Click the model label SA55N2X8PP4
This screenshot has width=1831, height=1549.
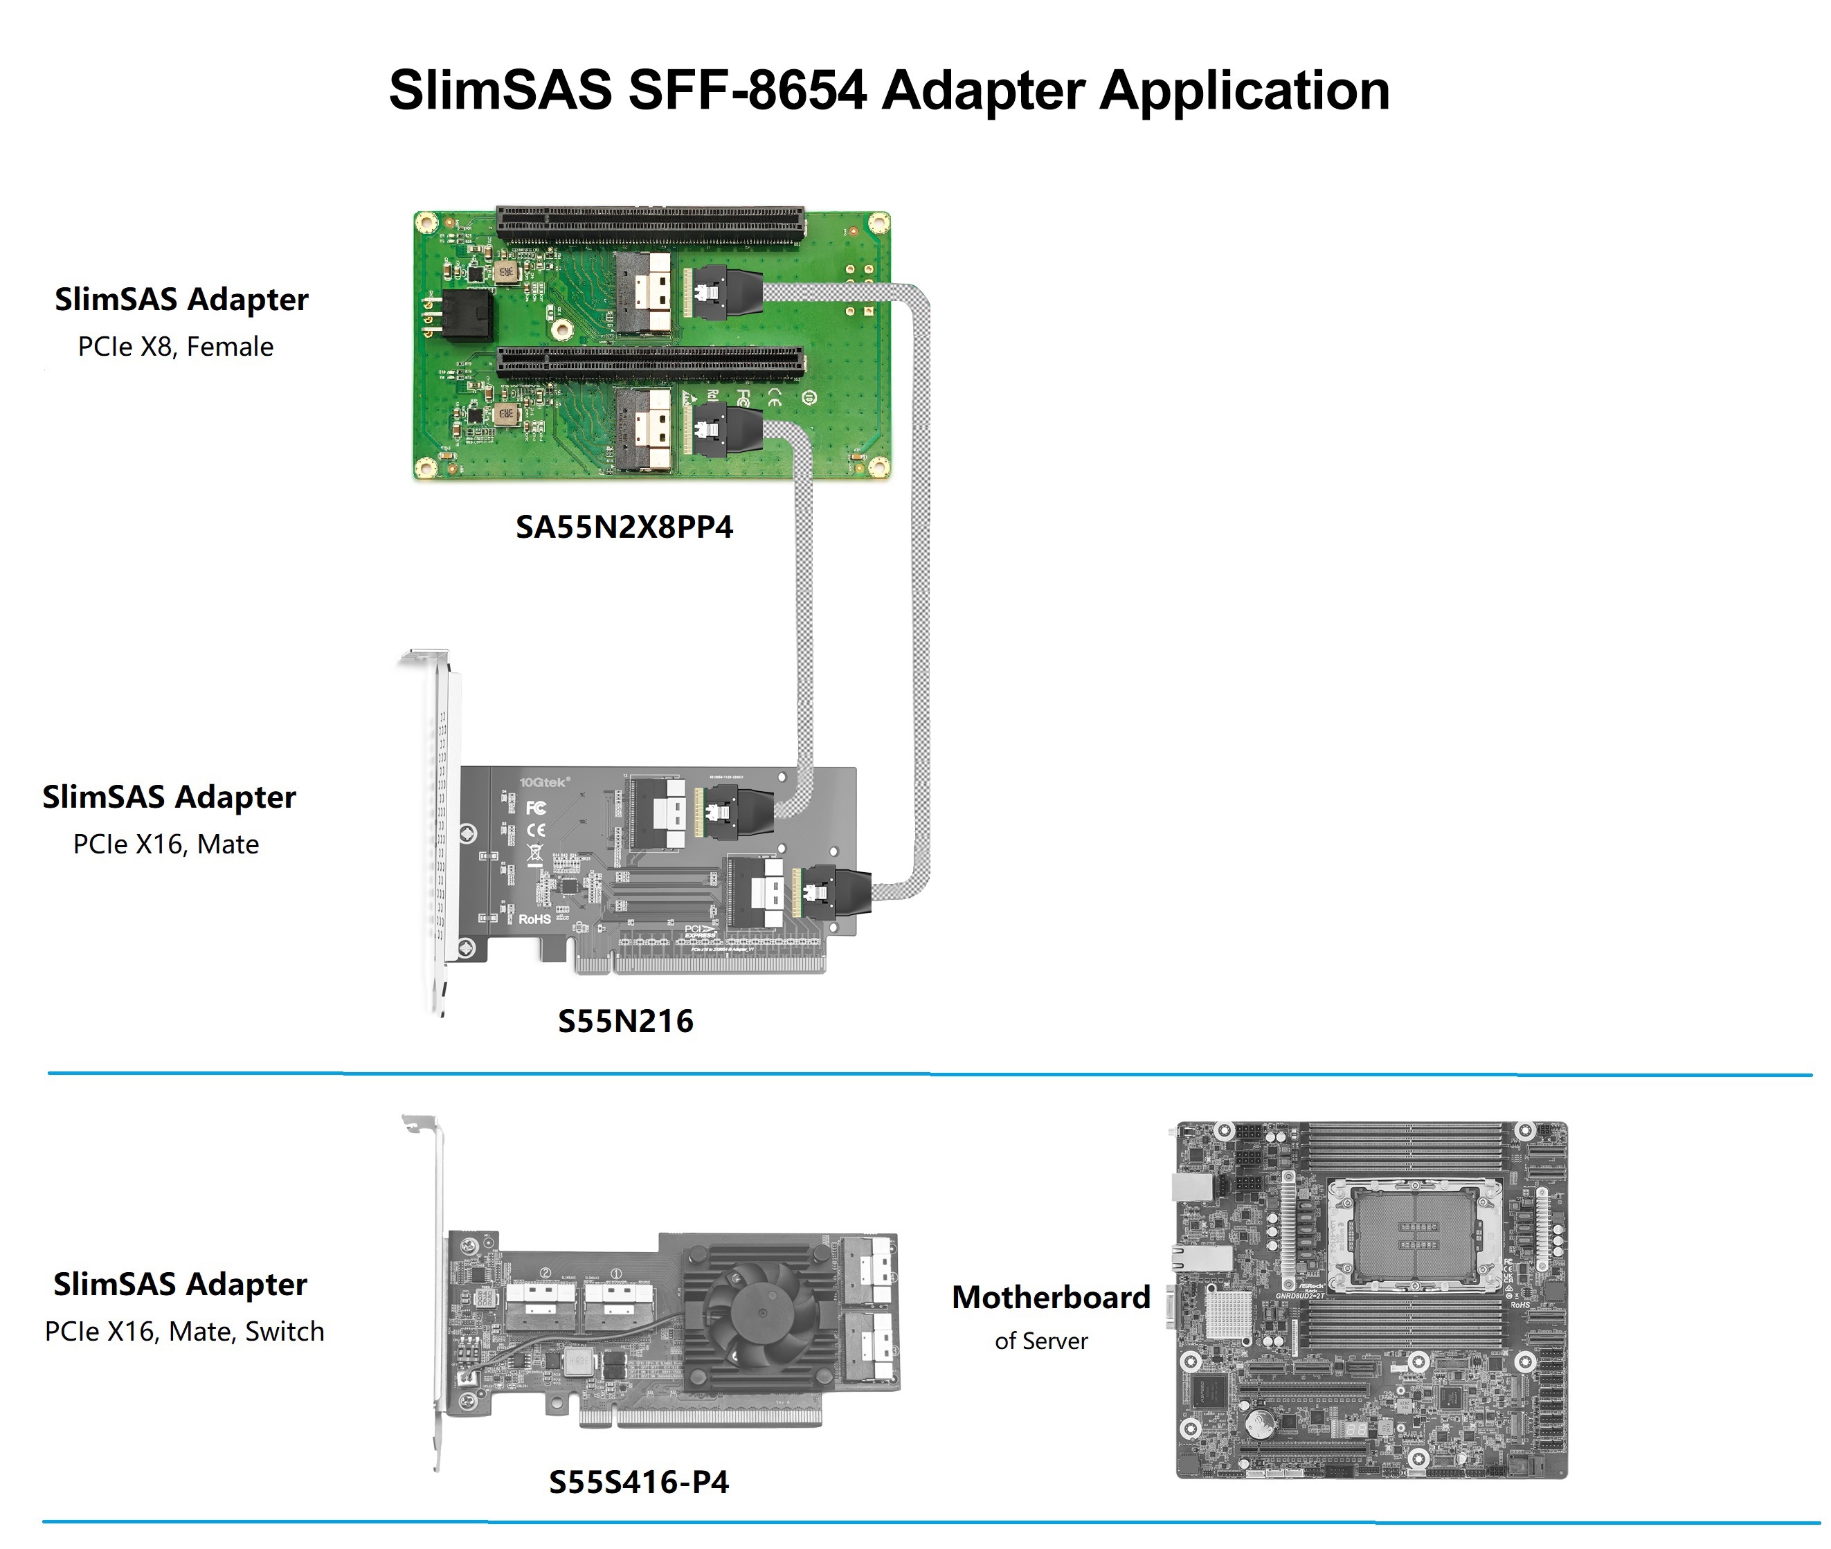624,527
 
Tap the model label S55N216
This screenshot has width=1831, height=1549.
625,1022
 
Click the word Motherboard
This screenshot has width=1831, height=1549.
1050,1297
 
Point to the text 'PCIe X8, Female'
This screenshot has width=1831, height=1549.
176,347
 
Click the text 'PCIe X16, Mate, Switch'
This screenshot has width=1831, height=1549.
184,1331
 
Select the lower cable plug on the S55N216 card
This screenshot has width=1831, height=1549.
838,894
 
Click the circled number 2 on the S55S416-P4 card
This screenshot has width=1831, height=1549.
545,1272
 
